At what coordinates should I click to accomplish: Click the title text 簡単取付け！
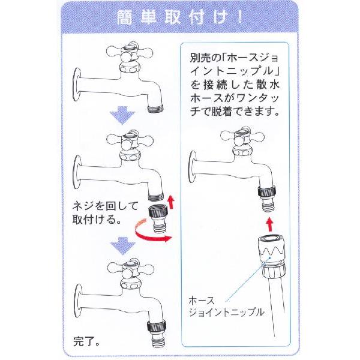coord(180,17)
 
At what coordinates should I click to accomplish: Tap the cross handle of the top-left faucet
coord(130,53)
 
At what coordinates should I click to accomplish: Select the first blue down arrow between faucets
coord(122,115)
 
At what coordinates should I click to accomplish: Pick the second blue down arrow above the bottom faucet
coord(122,245)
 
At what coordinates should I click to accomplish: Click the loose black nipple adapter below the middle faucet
coord(158,219)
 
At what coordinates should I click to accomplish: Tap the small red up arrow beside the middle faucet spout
coord(170,202)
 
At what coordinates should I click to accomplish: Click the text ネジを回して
coord(105,206)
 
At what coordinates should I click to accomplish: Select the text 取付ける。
coord(97,220)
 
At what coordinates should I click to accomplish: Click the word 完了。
coord(86,341)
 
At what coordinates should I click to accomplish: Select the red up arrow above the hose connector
coord(270,225)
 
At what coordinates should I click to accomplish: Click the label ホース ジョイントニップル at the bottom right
coord(226,306)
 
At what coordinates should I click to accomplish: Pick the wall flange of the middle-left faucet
coord(77,173)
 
